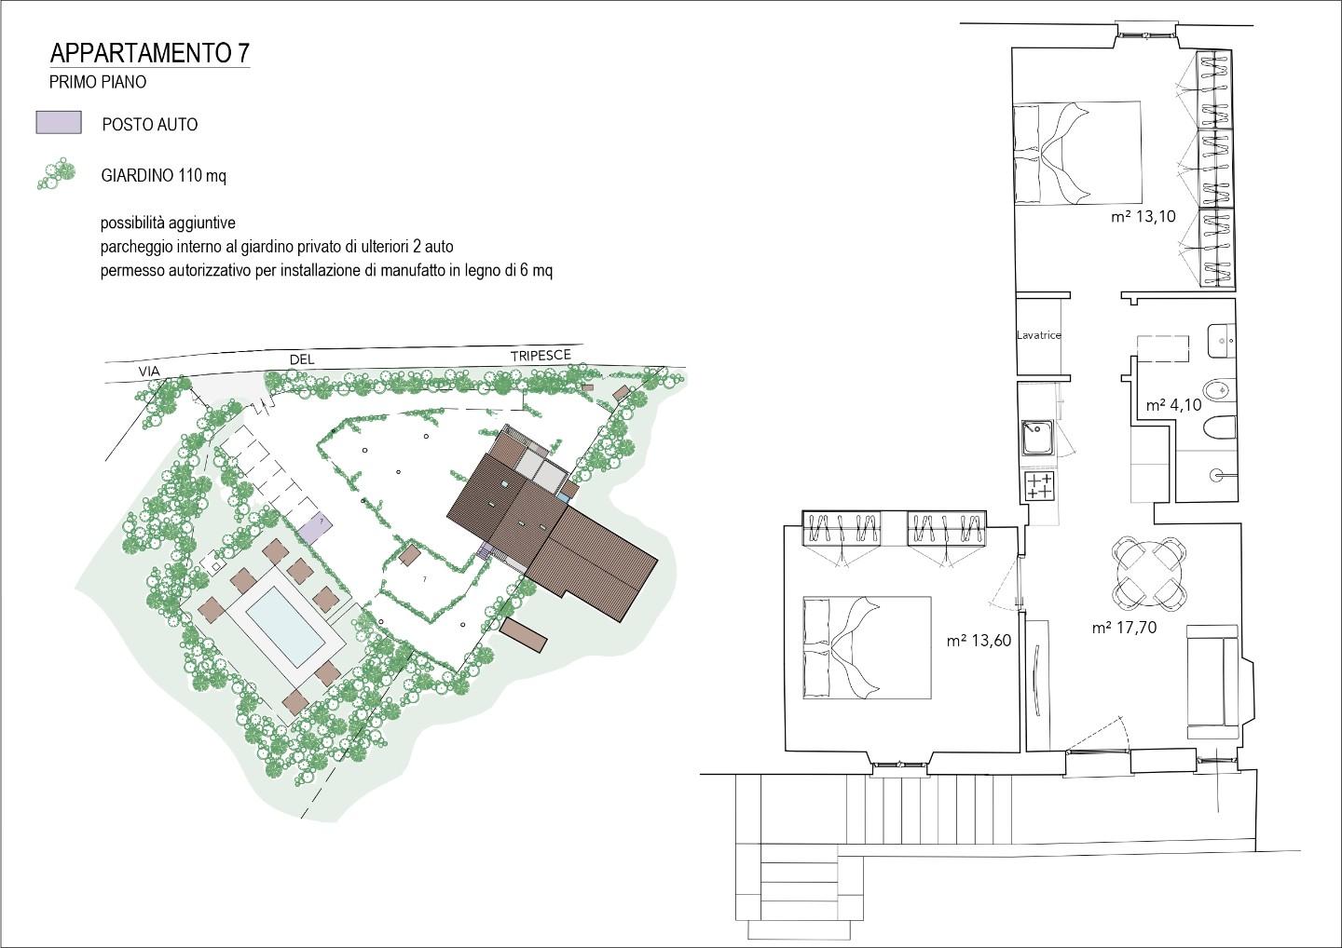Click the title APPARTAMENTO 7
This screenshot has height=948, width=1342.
pyautogui.click(x=150, y=53)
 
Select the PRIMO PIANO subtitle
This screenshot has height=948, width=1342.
pyautogui.click(x=98, y=82)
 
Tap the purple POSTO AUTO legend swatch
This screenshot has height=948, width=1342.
pyautogui.click(x=59, y=123)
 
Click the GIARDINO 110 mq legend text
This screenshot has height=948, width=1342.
pyautogui.click(x=164, y=176)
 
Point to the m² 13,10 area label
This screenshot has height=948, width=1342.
pyautogui.click(x=1143, y=217)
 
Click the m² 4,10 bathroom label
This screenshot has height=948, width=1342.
pyautogui.click(x=1173, y=405)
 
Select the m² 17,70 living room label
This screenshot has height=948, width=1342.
pyautogui.click(x=1124, y=628)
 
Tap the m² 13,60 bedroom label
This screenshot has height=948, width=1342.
pyautogui.click(x=979, y=641)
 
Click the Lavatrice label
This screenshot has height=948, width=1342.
pyautogui.click(x=1039, y=336)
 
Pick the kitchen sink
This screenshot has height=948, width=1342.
pyautogui.click(x=1037, y=437)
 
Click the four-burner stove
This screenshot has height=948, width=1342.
pyautogui.click(x=1040, y=486)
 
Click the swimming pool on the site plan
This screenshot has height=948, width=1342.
pyautogui.click(x=286, y=627)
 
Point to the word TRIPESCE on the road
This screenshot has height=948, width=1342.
pyautogui.click(x=541, y=356)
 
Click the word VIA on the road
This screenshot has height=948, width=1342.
pyautogui.click(x=149, y=372)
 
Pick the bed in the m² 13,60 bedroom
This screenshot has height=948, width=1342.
pyautogui.click(x=867, y=647)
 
